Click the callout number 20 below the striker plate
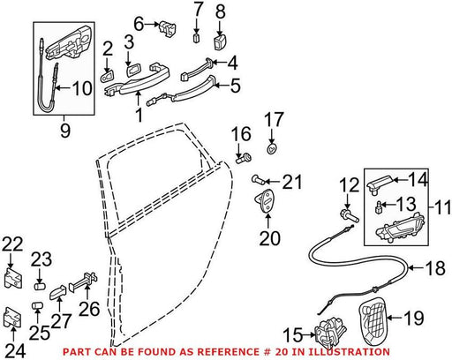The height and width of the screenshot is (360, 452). point(270,238)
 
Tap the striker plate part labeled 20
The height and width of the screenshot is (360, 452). point(266,200)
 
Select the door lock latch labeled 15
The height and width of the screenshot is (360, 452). point(330,333)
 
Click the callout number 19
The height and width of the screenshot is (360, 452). point(414,318)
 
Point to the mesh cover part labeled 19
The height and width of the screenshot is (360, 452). point(373,320)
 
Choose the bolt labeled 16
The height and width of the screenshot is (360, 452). point(244,159)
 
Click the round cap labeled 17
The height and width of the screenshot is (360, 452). point(272,149)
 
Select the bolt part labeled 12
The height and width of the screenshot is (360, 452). point(350,216)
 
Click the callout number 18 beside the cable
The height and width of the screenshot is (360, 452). point(435,268)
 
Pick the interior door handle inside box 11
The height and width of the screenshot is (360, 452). point(400,228)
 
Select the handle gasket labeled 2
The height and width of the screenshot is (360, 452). point(107,77)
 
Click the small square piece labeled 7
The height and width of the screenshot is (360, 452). point(197,38)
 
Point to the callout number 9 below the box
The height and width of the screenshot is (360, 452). point(65,131)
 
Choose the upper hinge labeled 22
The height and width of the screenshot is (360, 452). point(13,277)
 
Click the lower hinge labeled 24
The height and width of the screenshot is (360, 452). point(12,317)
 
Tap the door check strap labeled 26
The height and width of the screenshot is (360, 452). point(83,281)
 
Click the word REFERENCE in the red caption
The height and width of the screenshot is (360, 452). point(228,351)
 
